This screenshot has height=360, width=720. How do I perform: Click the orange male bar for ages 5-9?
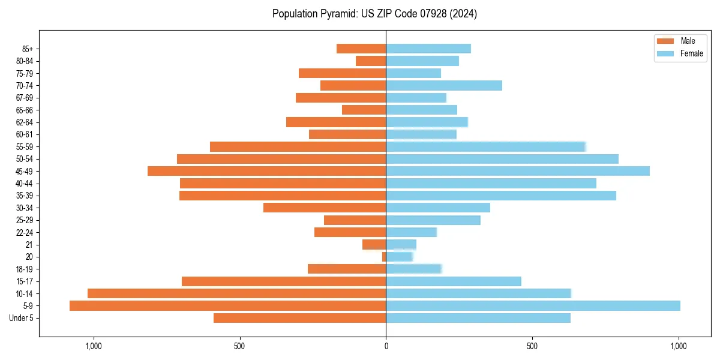(227, 305)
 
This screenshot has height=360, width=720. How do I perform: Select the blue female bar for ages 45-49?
(517, 171)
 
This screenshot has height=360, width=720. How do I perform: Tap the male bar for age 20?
(384, 257)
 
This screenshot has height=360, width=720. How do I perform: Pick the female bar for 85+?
(428, 49)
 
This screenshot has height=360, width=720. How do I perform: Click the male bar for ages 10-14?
(236, 293)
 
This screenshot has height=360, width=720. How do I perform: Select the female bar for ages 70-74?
(443, 85)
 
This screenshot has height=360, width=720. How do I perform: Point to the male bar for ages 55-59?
(298, 146)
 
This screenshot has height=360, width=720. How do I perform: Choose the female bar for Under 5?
(478, 318)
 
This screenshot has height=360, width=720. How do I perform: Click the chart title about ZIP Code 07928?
(374, 14)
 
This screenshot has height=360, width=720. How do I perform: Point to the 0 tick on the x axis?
(386, 346)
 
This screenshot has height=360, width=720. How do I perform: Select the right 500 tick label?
(532, 346)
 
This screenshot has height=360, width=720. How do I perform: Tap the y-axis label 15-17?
(24, 281)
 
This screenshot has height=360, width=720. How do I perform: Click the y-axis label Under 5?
(21, 318)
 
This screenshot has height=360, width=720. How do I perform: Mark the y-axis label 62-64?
(24, 122)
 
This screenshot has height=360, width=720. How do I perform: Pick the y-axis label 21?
(29, 245)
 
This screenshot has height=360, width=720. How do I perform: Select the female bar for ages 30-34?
(437, 208)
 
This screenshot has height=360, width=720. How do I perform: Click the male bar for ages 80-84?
(371, 61)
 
